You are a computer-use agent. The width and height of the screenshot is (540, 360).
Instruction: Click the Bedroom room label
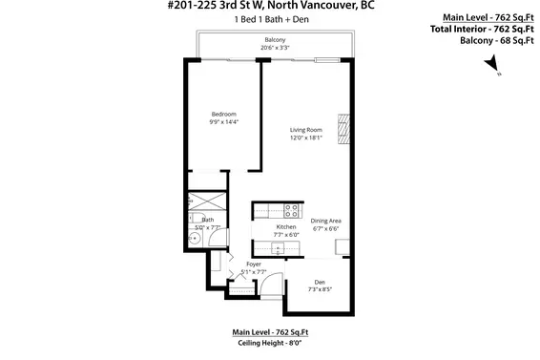(222, 114)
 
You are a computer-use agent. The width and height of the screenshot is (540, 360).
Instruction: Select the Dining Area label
(325, 221)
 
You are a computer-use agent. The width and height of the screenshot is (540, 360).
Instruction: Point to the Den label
(319, 282)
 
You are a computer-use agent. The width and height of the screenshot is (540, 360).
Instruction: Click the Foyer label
(254, 264)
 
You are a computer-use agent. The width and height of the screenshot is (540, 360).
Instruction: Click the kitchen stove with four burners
(292, 211)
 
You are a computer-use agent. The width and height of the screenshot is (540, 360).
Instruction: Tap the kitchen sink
(278, 248)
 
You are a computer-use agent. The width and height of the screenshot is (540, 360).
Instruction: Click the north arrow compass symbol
(491, 64)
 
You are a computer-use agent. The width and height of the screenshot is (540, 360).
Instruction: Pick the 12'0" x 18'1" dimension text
(306, 138)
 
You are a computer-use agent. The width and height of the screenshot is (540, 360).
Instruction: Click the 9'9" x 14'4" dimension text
(222, 122)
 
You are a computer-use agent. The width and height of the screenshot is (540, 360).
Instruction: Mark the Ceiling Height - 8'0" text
(270, 341)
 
